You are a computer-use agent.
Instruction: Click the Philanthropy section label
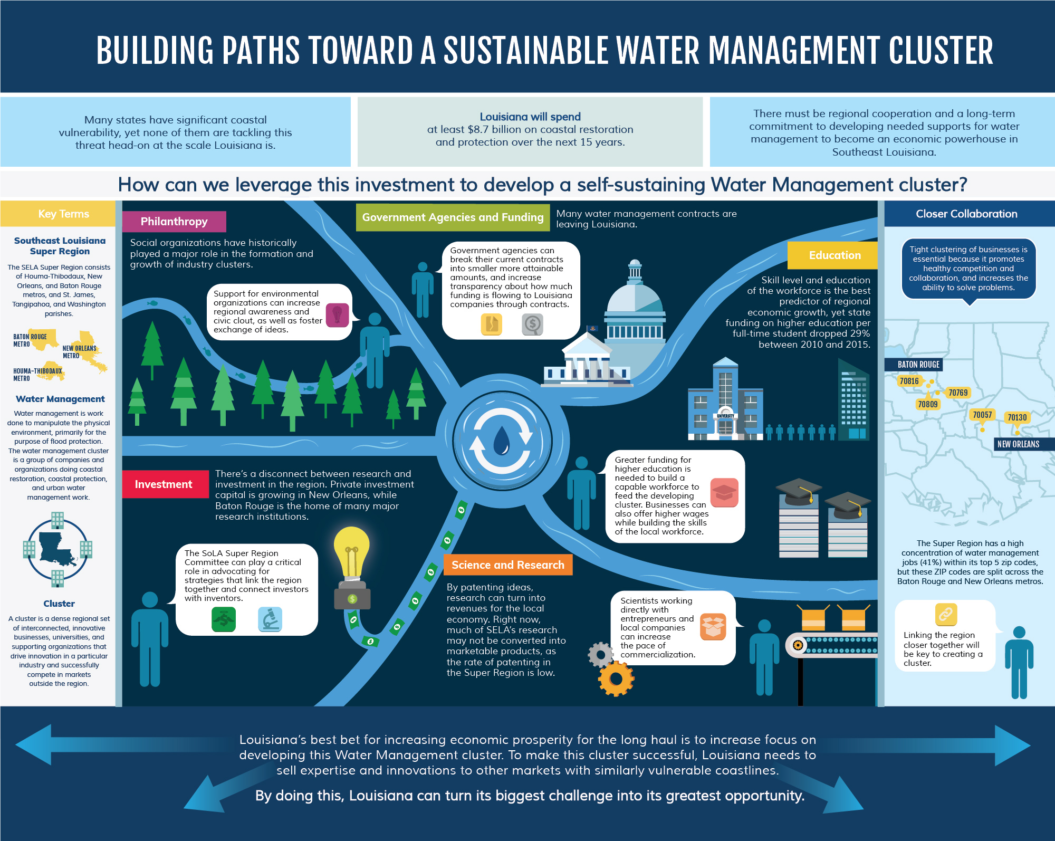click(x=174, y=222)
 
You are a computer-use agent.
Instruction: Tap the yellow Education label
click(x=834, y=255)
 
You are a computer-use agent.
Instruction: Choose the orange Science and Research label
click(x=507, y=565)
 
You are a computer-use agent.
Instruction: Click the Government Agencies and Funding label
click(x=453, y=217)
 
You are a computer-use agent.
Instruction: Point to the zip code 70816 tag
click(x=909, y=381)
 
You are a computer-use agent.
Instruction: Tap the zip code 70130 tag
click(x=1017, y=418)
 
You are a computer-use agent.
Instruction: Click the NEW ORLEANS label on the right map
click(x=1018, y=444)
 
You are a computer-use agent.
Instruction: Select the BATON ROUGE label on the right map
click(x=918, y=365)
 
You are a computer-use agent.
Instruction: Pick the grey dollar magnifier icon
click(x=533, y=324)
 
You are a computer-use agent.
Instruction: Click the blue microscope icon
click(x=270, y=619)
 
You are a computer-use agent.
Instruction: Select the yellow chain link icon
click(x=946, y=614)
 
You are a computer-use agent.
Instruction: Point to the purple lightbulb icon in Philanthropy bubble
click(x=338, y=315)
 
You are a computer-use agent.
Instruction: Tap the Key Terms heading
click(x=63, y=214)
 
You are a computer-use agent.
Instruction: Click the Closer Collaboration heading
click(x=966, y=214)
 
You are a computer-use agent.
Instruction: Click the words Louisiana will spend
click(x=530, y=117)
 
